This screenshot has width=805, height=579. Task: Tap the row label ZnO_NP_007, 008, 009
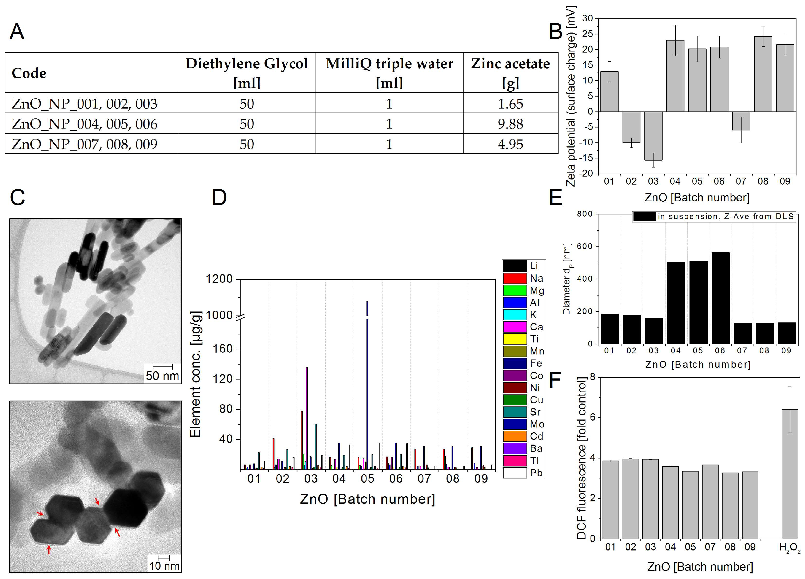click(x=85, y=144)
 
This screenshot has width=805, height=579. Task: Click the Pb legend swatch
click(x=515, y=473)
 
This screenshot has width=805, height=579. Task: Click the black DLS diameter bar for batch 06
click(x=720, y=298)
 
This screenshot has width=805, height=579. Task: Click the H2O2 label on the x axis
click(x=789, y=548)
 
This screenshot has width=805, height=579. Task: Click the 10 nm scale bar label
click(x=164, y=566)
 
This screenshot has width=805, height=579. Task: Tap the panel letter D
click(x=219, y=198)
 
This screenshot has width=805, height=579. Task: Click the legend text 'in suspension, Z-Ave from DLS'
click(x=725, y=217)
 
